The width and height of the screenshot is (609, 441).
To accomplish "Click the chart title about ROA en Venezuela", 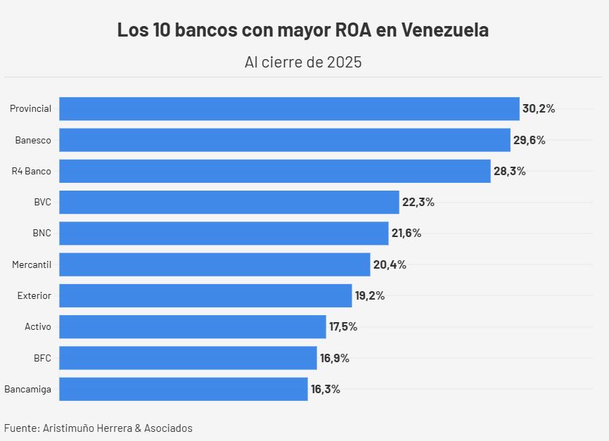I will click(x=303, y=31).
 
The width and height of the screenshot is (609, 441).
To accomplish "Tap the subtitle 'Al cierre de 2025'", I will click(x=303, y=62).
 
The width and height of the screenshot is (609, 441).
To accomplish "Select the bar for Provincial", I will click(x=289, y=109).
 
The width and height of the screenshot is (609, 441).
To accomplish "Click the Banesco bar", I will click(x=284, y=140).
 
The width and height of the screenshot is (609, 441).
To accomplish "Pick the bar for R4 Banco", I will click(x=274, y=171).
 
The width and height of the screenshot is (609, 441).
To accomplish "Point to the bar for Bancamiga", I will click(x=184, y=389).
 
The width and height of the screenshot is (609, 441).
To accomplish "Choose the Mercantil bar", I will click(x=214, y=264).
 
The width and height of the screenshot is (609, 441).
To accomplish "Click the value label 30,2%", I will click(x=539, y=109).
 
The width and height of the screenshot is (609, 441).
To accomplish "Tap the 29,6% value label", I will click(x=529, y=140).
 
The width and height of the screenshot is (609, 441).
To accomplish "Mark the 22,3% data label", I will click(x=418, y=203).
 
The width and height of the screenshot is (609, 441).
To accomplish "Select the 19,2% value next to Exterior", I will click(x=370, y=296).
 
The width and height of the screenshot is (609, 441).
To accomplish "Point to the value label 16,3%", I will click(x=326, y=389).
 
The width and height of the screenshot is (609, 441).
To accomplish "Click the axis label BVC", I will click(x=42, y=203).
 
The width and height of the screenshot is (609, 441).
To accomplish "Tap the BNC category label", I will click(x=41, y=234).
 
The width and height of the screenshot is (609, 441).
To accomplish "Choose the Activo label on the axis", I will click(x=38, y=327).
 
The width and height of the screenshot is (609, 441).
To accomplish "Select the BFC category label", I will click(x=42, y=358).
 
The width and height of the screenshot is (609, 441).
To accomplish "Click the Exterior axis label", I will click(x=34, y=296).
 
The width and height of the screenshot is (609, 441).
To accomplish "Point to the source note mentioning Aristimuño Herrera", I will click(x=98, y=428).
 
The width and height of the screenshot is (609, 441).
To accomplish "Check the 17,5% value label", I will click(x=343, y=327).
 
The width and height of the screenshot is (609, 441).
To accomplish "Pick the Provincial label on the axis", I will click(x=30, y=109).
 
